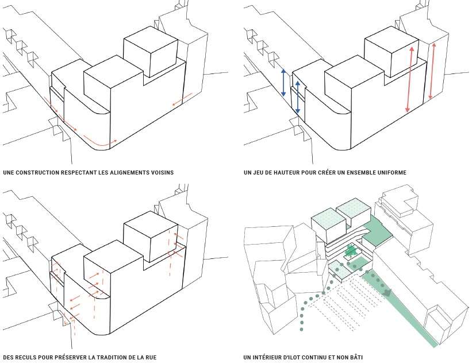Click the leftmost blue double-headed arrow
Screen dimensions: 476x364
283,83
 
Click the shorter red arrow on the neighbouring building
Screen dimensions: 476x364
432,72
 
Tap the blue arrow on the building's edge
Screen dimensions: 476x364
298,97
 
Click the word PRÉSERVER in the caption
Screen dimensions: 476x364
69,358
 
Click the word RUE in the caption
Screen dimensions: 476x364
150,358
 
